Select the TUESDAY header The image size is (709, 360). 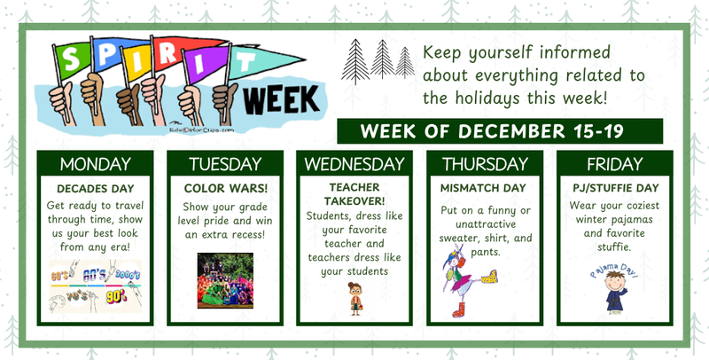coord(224,164)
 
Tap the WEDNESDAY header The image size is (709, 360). coord(354,164)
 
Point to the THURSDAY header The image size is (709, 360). coord(484,164)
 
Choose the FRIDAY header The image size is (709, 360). coord(613,164)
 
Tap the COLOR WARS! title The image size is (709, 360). coord(224,189)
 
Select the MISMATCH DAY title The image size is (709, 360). coord(483,189)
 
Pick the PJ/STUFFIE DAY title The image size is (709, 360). coord(613,189)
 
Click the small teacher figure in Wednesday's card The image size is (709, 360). coord(355,297)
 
